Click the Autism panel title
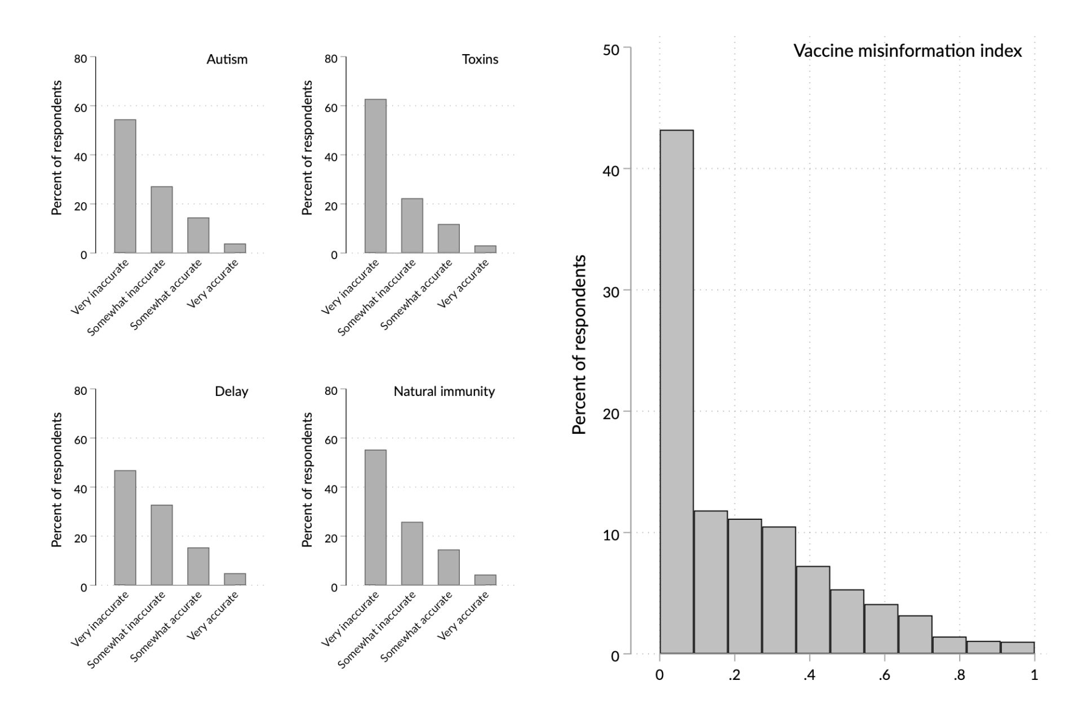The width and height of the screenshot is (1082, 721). (x=227, y=59)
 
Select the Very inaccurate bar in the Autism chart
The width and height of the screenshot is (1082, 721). (x=125, y=186)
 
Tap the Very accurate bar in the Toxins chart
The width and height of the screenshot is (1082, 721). (x=485, y=249)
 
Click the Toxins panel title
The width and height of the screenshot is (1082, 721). (x=480, y=59)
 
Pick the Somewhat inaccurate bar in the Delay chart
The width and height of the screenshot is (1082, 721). (x=162, y=545)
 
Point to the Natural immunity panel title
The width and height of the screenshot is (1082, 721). (x=444, y=391)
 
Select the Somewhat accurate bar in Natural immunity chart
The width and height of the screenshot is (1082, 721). (x=449, y=567)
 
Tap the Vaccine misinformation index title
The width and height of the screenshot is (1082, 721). (x=907, y=51)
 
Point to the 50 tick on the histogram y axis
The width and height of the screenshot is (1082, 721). (x=611, y=50)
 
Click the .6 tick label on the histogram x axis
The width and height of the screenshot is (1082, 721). (x=884, y=675)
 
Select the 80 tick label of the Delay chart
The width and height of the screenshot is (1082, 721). (x=81, y=391)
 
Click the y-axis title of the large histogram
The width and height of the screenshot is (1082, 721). (x=579, y=345)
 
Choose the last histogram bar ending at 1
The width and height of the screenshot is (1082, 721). (x=1017, y=647)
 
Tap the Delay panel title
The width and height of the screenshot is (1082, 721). (x=231, y=391)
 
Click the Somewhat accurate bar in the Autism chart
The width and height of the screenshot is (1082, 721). (x=198, y=235)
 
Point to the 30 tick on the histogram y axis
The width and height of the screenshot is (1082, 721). (x=611, y=292)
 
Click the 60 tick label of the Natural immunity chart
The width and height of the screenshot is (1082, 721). (x=331, y=439)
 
